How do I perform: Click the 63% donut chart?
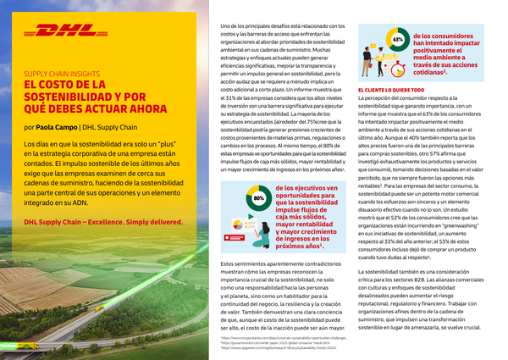[397, 40]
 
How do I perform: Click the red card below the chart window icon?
[228, 241]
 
